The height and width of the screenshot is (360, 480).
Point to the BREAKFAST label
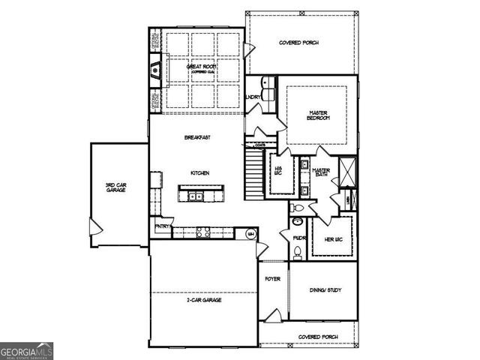coord(198,137)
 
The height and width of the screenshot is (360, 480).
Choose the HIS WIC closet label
coord(277,171)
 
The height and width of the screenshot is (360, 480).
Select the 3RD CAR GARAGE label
coord(115,187)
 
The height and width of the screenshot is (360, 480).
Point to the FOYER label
coord(272,279)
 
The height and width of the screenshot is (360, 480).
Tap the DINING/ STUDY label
coord(324,289)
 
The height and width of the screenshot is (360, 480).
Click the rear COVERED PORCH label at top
coord(298,43)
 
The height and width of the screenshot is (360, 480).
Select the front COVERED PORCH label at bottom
coord(317,337)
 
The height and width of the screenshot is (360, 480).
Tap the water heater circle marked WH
coord(251,234)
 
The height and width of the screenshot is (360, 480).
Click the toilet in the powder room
coord(298,255)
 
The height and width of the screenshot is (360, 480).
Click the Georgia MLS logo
coord(27,350)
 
